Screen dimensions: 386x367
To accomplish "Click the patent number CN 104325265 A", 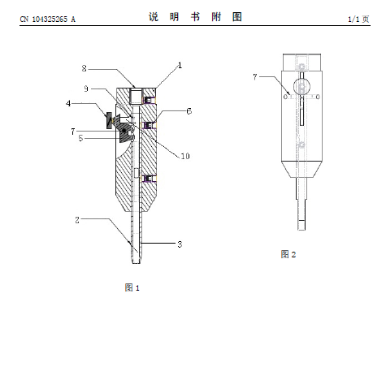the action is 48,19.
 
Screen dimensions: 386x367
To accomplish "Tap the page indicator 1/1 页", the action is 358,19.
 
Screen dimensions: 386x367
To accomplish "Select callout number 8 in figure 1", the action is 85,68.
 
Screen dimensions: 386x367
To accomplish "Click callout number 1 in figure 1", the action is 180,65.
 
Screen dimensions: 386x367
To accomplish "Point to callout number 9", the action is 86,89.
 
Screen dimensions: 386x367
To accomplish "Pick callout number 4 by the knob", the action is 68,103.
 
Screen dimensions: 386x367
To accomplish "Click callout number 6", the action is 189,111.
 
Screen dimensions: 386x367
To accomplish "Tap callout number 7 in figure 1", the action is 73,132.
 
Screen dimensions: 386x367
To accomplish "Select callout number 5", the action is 80,138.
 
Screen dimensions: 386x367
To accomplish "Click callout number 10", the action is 185,156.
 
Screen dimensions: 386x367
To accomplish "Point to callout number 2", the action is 77,220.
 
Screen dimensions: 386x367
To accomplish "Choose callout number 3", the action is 180,244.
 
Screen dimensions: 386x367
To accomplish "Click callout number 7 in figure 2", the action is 255,77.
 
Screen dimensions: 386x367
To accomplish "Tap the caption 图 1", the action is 132,287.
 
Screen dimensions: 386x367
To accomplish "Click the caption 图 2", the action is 288,254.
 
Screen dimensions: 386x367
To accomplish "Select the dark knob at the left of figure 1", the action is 110,121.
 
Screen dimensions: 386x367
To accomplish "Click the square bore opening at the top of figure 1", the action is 136,96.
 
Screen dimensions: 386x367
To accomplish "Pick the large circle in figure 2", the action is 301,87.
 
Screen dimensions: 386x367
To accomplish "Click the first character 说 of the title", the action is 154,17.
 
